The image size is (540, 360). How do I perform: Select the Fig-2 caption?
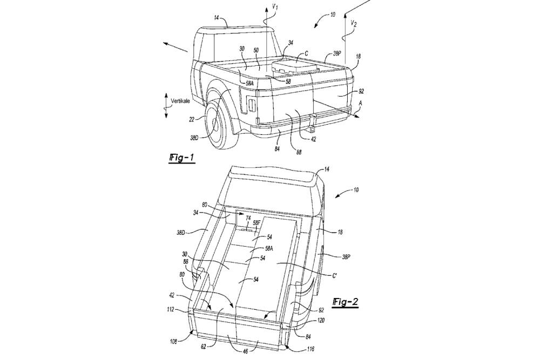(x=345, y=302)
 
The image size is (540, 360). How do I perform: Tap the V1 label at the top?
(x=276, y=8)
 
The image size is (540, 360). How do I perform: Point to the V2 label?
(x=353, y=23)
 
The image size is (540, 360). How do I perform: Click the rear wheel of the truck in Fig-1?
(x=220, y=125)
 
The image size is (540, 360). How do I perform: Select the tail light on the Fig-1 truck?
(x=251, y=104)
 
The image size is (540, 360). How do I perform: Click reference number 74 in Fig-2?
(x=248, y=218)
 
